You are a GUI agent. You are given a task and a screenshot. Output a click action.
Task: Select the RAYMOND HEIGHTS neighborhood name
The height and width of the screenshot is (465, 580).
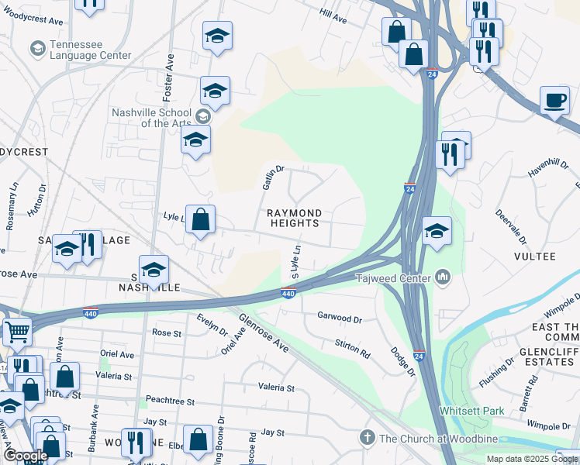[293, 218]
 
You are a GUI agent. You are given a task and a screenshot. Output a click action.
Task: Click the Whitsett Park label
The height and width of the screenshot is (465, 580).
[471, 410]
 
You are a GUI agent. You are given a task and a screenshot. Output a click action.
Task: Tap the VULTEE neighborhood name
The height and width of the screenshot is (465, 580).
[534, 256]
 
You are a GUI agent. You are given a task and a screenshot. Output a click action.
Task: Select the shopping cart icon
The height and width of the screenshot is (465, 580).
[16, 332]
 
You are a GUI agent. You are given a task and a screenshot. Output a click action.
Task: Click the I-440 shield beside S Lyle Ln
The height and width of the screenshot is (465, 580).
[288, 294]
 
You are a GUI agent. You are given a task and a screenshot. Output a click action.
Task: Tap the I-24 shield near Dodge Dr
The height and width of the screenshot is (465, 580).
[419, 354]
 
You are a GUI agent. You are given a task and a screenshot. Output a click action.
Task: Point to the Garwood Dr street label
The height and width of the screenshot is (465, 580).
[340, 318]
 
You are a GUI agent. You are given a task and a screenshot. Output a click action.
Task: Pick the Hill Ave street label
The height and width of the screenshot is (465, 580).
[333, 14]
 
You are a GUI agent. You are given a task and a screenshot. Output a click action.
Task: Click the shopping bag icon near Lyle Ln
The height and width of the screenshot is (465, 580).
[200, 220]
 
